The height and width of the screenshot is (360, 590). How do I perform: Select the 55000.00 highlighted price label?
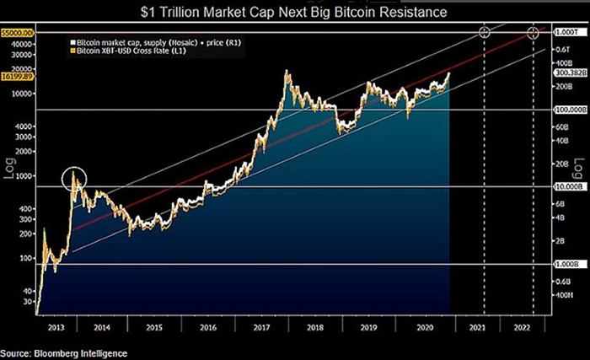point(17,31)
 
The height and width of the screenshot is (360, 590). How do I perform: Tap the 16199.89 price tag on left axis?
point(17,74)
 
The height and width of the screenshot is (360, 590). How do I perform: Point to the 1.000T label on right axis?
point(563,31)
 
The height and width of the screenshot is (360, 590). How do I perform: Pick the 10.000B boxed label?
point(564,210)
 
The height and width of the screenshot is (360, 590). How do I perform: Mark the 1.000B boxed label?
point(564,264)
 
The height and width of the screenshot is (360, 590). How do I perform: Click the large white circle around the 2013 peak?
point(74,180)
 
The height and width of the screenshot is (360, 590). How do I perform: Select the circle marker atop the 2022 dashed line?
point(533,33)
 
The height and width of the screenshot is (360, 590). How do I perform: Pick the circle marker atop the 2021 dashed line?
point(485,32)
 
